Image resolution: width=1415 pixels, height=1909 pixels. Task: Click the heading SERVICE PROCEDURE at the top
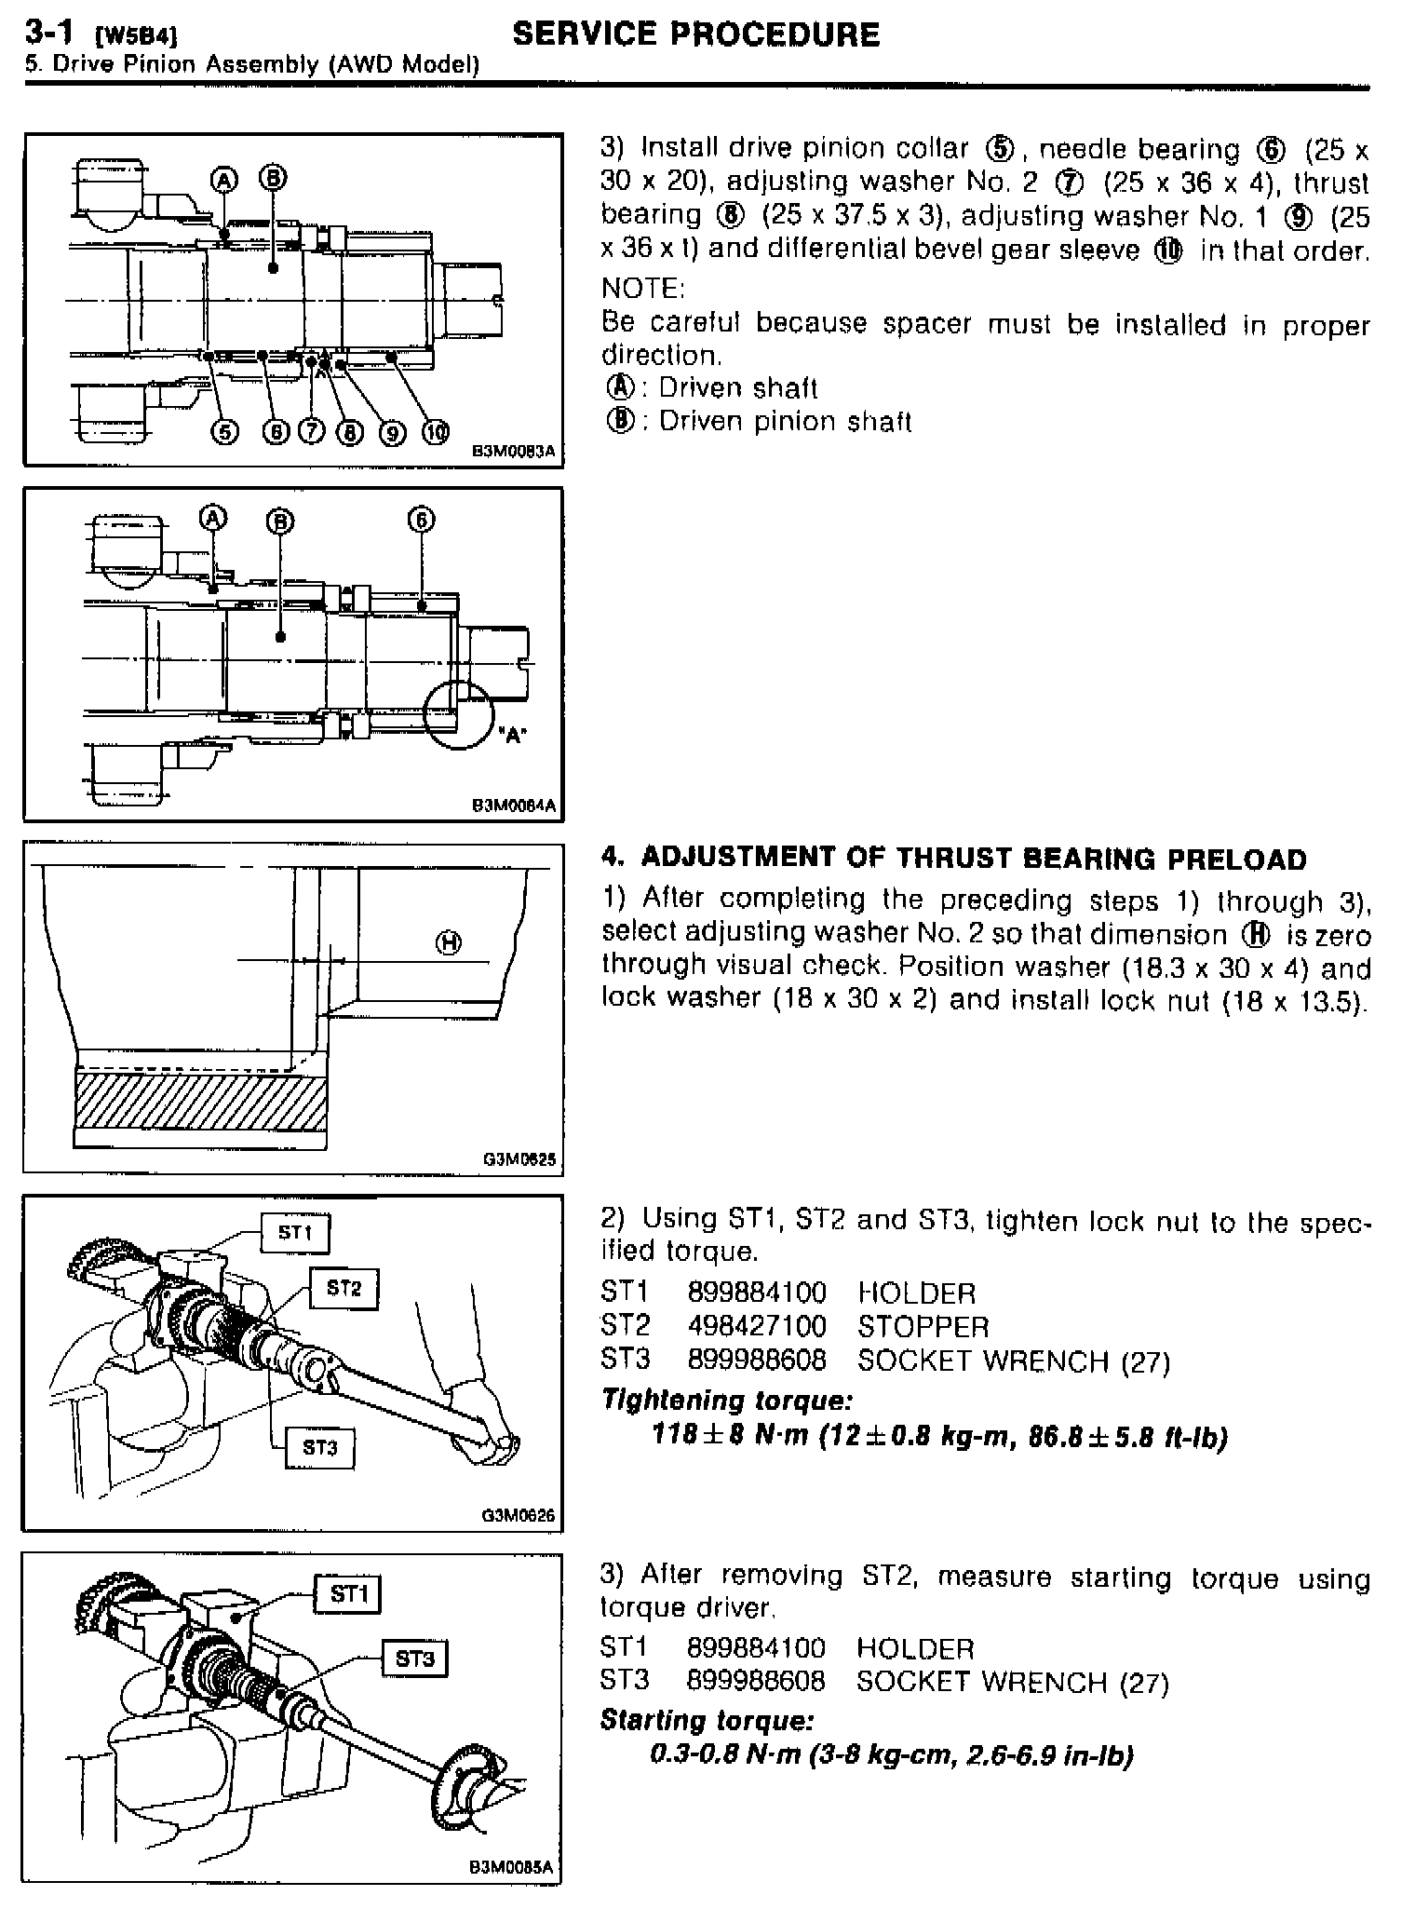(x=695, y=35)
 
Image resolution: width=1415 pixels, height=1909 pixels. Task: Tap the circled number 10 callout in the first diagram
(x=436, y=432)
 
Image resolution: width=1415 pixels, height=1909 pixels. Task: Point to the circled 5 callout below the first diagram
(x=224, y=432)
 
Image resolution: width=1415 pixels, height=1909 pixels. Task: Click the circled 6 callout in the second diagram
(x=421, y=520)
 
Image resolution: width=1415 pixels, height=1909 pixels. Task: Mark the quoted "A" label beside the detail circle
(x=511, y=735)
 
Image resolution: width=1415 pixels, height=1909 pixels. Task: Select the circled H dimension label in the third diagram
(x=449, y=943)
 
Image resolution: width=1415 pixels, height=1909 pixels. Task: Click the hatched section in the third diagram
(x=200, y=1101)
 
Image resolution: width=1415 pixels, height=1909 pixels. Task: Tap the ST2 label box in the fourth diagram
(x=344, y=1289)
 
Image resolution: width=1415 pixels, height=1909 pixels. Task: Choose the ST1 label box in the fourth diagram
(x=294, y=1233)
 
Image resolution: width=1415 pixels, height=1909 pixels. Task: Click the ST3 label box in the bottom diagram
(x=414, y=1659)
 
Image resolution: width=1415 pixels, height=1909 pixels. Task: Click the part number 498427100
(x=756, y=1326)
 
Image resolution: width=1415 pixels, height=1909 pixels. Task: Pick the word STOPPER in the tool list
(x=923, y=1326)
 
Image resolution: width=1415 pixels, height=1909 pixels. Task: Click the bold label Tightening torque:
(x=726, y=1400)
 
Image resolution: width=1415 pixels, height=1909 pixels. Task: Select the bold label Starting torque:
(x=707, y=1719)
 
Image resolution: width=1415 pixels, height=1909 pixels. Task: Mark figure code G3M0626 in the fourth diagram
(x=519, y=1515)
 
